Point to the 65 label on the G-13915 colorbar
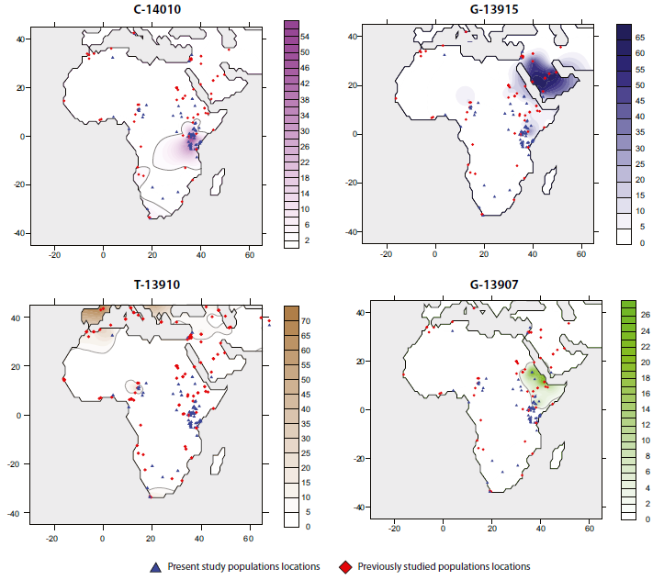[645, 41]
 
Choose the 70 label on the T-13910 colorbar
[305, 321]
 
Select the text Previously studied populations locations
[444, 566]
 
